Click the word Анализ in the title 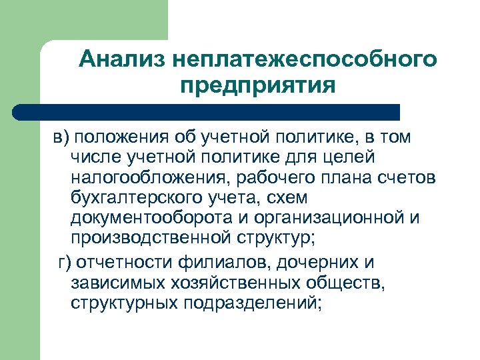[x=121, y=59]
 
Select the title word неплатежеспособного [x=304, y=59]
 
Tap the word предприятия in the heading [x=257, y=86]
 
